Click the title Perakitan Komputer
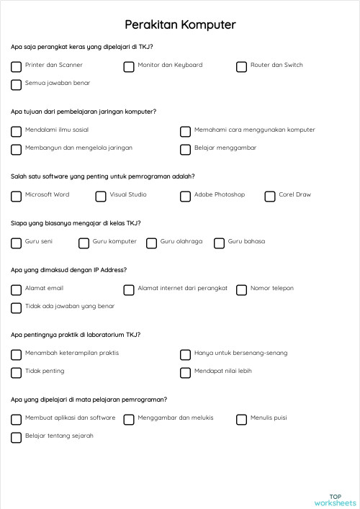click(180, 25)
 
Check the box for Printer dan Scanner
click(16, 66)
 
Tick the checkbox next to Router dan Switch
click(241, 66)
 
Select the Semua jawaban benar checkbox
click(16, 84)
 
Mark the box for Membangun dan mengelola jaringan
click(16, 149)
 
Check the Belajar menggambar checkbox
click(185, 149)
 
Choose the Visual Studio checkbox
click(100, 196)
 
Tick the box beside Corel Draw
click(270, 196)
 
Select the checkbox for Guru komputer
click(84, 243)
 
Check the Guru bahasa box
click(219, 243)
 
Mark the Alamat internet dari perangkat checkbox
click(129, 289)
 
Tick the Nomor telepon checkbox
click(241, 289)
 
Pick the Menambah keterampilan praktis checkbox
click(16, 354)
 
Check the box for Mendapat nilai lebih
click(185, 372)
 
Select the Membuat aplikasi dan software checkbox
click(16, 419)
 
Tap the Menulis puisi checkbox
click(241, 419)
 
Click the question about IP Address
click(69, 270)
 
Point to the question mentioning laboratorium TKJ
click(76, 335)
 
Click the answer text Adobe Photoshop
click(220, 194)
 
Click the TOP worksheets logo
click(335, 499)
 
